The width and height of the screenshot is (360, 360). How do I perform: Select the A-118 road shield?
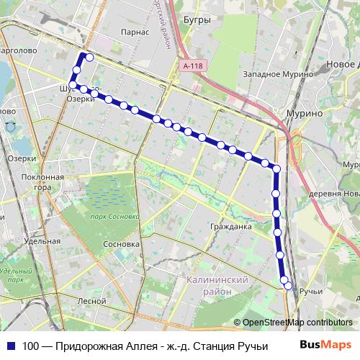coord(192,66)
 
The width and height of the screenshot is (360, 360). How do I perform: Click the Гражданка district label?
coord(230,227)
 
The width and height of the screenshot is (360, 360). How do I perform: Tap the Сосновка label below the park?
coord(121,244)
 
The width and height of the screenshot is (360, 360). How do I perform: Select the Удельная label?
coord(40,243)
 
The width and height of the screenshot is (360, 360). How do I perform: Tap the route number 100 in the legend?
coord(30,346)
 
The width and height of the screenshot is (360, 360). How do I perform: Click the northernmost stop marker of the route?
coord(89,56)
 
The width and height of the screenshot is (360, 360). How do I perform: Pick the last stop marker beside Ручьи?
coord(289,286)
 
